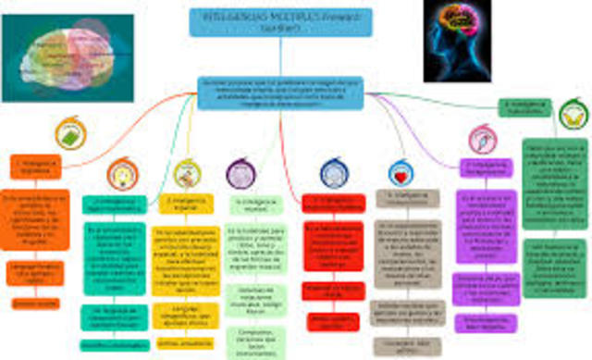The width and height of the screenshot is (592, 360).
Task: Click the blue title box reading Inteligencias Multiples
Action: (x=267, y=22)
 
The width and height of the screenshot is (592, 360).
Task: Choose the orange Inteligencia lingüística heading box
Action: (x=35, y=167)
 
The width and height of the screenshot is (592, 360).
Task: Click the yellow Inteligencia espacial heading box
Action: (x=185, y=203)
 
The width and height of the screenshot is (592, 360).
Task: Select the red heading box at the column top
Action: (x=333, y=203)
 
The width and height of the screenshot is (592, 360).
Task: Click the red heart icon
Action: (x=401, y=173)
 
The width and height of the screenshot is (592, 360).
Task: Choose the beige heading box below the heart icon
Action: (x=407, y=200)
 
